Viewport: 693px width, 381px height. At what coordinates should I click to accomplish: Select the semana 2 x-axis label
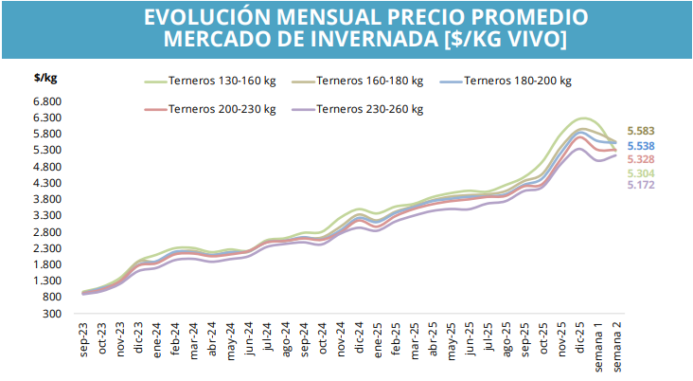(617, 347)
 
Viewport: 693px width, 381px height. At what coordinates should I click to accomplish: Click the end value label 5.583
(642, 131)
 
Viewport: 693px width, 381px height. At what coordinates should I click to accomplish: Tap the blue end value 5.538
(642, 146)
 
